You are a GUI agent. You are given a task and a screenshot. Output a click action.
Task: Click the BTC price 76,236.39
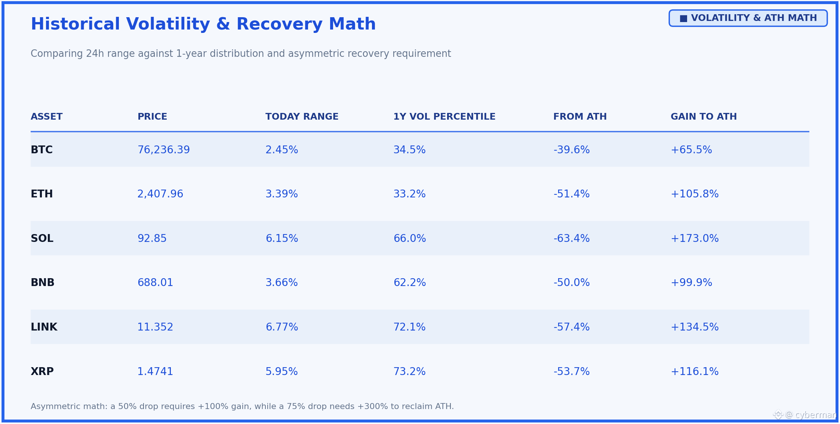pyautogui.click(x=164, y=150)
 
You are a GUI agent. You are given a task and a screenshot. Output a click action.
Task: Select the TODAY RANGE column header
pyautogui.click(x=302, y=117)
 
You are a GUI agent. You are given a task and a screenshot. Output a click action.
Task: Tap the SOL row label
pyautogui.click(x=42, y=239)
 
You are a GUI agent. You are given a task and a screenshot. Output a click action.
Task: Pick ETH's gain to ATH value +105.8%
pyautogui.click(x=695, y=194)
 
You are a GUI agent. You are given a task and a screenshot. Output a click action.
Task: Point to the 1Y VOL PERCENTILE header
pyautogui.click(x=444, y=117)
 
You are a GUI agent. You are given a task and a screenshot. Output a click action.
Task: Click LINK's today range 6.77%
pyautogui.click(x=282, y=327)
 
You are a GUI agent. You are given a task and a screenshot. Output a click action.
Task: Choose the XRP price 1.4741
pyautogui.click(x=155, y=372)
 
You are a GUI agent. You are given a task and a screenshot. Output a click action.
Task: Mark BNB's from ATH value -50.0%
pyautogui.click(x=572, y=283)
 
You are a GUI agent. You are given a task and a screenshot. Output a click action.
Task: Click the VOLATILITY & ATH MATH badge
pyautogui.click(x=748, y=18)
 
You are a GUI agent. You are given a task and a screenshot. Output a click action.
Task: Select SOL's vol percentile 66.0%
pyautogui.click(x=410, y=239)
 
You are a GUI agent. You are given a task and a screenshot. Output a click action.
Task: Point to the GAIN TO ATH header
pyautogui.click(x=704, y=117)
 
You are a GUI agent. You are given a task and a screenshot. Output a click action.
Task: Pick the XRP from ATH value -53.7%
pyautogui.click(x=572, y=372)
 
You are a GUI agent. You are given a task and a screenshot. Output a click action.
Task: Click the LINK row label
pyautogui.click(x=44, y=327)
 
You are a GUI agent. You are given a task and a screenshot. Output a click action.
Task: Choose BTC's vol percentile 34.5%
pyautogui.click(x=409, y=150)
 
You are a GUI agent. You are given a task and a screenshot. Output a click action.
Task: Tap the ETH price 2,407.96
pyautogui.click(x=160, y=194)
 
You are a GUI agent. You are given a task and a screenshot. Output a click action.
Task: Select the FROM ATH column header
pyautogui.click(x=580, y=117)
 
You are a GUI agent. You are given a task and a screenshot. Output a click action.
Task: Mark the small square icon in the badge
pyautogui.click(x=683, y=18)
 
